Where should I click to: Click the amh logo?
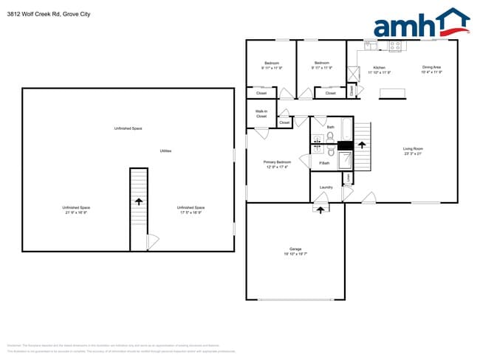coord(421,24)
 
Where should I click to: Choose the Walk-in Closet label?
coord(261,114)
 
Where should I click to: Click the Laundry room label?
coord(326,187)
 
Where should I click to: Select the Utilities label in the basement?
coord(166,150)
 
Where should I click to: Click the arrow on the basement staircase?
coord(140,200)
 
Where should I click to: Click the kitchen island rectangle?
coord(393,93)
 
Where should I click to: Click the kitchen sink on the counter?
coord(370,45)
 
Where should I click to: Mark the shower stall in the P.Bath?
coord(345,162)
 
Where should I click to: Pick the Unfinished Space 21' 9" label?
coord(75,210)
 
